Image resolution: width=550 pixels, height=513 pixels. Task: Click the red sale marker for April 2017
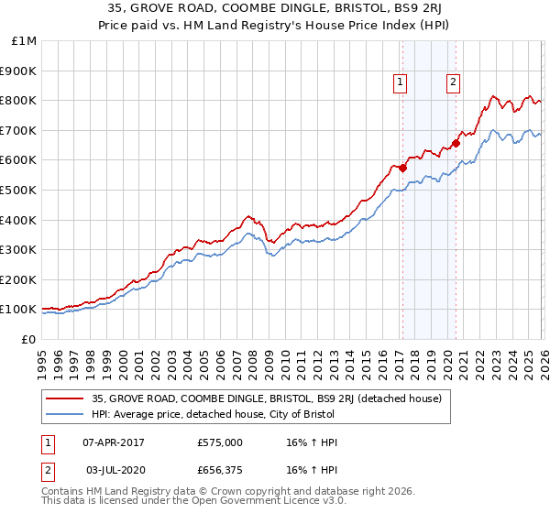click(401, 167)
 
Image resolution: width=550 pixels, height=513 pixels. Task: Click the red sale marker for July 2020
click(455, 143)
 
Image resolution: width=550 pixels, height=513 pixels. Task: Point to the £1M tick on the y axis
click(25, 41)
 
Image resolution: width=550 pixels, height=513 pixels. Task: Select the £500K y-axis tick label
click(20, 191)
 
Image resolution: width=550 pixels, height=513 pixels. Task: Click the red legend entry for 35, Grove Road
click(267, 398)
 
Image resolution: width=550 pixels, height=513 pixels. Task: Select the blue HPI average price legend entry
click(214, 414)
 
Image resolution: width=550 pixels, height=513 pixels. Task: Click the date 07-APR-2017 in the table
click(114, 442)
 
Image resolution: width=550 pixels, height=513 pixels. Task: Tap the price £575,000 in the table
click(220, 442)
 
